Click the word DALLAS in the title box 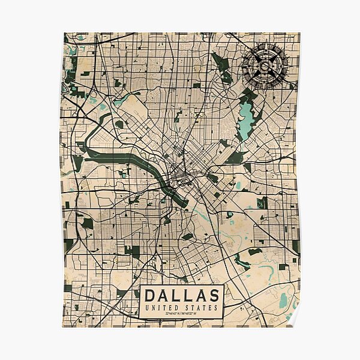click(x=181, y=295)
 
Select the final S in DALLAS click(x=213, y=295)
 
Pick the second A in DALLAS click(x=201, y=295)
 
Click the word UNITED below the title click(x=162, y=308)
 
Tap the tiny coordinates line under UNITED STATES click(x=181, y=314)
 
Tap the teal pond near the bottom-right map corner click(x=283, y=299)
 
